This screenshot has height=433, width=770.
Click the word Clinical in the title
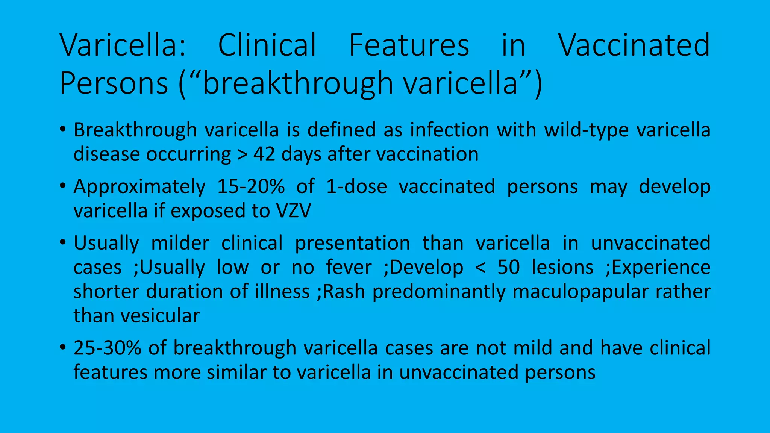point(267,45)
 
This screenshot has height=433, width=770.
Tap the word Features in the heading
point(409,45)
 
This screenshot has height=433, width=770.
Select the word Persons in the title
point(114,83)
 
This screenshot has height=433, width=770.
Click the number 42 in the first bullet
point(264,154)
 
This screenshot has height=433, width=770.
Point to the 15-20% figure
point(251,186)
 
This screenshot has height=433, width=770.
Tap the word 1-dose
point(356,186)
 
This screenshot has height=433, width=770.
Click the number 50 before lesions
point(509,267)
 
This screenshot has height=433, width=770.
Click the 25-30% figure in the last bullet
point(107,348)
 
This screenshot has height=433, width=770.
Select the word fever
point(349,267)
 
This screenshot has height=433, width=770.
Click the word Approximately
point(139,187)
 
